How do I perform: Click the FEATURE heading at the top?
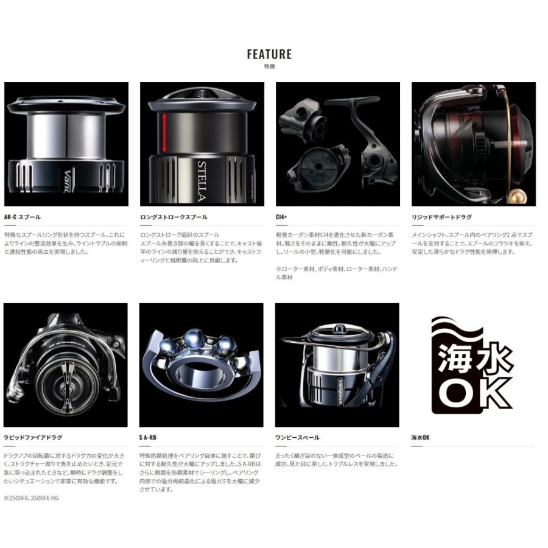pyautogui.click(x=269, y=54)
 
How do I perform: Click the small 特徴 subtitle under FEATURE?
pyautogui.click(x=269, y=66)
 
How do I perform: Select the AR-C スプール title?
pyautogui.click(x=23, y=217)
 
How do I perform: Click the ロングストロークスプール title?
pyautogui.click(x=174, y=217)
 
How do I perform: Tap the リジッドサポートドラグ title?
pyautogui.click(x=441, y=217)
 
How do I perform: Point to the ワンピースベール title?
pyautogui.click(x=297, y=437)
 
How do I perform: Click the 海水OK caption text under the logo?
pyautogui.click(x=421, y=437)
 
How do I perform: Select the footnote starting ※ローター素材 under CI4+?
pyautogui.click(x=335, y=272)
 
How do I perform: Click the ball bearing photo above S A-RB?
pyautogui.click(x=201, y=364)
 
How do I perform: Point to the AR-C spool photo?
pyautogui.click(x=66, y=144)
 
